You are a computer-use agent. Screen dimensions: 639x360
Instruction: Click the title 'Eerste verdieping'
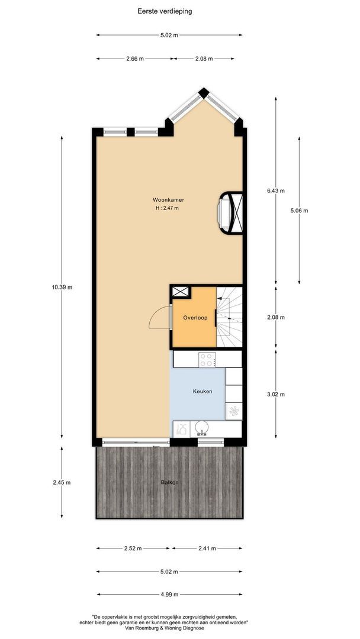pyautogui.click(x=169, y=11)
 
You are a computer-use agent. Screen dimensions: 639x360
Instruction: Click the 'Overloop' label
pyautogui.click(x=195, y=318)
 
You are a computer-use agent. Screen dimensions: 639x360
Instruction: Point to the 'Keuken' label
pyautogui.click(x=202, y=392)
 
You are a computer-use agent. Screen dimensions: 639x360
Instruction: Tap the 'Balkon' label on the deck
pyautogui.click(x=169, y=483)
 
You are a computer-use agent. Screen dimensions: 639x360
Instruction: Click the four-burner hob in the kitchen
pyautogui.click(x=207, y=359)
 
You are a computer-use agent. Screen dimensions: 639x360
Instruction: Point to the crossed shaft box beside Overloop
pyautogui.click(x=181, y=291)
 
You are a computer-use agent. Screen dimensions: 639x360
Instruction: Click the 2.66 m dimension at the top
pyautogui.click(x=134, y=59)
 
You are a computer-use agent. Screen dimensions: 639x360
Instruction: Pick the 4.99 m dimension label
pyautogui.click(x=169, y=595)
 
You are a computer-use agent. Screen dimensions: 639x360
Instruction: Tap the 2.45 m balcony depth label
pyautogui.click(x=62, y=482)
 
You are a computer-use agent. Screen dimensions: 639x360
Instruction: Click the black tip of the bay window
pyautogui.click(x=204, y=92)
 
